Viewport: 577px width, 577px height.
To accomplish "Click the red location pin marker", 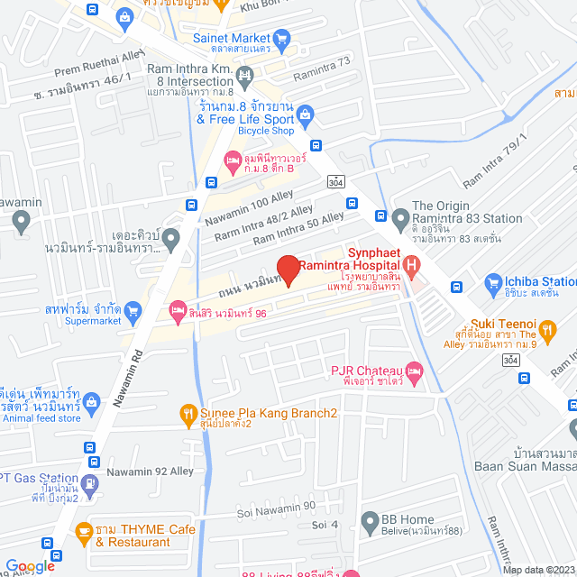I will [x=288, y=270].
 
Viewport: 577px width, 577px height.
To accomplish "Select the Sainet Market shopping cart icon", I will [x=282, y=38].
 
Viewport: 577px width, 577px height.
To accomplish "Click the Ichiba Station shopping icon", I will [x=492, y=284].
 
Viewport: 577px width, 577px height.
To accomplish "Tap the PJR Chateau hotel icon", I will [x=414, y=371].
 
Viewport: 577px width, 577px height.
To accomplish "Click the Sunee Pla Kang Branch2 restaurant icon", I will [x=188, y=414].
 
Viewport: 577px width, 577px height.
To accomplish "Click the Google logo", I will [x=30, y=565].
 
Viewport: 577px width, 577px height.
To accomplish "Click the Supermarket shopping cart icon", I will [x=134, y=311].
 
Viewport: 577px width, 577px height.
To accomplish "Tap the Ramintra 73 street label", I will [x=322, y=61].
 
